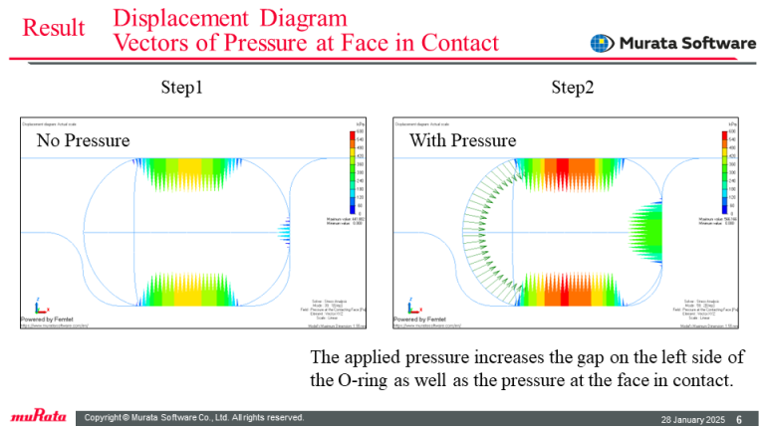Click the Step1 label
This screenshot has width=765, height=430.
(182, 89)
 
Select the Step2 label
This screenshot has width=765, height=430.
(573, 89)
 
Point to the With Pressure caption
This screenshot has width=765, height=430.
(463, 140)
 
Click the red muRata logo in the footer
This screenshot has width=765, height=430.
(39, 416)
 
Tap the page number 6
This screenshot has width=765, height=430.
(739, 417)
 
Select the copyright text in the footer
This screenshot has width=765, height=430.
(194, 417)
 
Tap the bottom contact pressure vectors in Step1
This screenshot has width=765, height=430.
(194, 289)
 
